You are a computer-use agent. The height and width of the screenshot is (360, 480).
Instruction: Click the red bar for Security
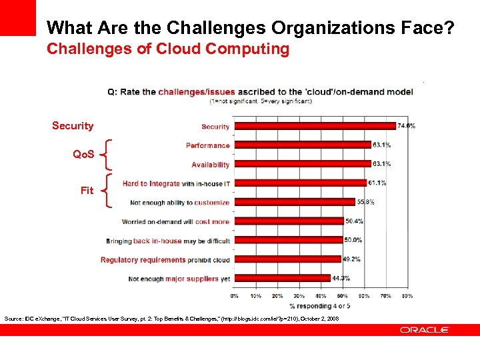(315, 125)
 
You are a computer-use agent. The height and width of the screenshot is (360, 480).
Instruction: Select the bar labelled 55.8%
(294, 201)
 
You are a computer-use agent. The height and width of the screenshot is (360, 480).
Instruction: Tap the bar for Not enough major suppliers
(282, 278)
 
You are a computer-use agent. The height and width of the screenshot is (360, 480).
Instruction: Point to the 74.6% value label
(406, 125)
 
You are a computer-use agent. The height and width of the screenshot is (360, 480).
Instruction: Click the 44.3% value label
(341, 278)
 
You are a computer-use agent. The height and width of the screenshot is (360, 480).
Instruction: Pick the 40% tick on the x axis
(321, 295)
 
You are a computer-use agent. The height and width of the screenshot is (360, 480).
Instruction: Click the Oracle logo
(425, 330)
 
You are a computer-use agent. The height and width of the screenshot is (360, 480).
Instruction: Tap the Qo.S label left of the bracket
(83, 155)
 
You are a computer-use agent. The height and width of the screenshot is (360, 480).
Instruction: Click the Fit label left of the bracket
(87, 191)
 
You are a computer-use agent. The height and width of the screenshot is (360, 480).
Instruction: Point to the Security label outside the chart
(73, 126)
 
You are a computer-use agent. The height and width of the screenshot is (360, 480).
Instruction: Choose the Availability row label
(210, 165)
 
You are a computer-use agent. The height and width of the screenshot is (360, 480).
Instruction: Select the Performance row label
(207, 145)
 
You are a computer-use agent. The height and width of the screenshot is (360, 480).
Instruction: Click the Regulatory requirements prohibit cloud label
(165, 260)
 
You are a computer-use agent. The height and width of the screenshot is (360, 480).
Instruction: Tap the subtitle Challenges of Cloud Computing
(168, 49)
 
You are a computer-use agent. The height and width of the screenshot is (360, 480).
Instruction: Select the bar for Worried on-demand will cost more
(289, 221)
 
